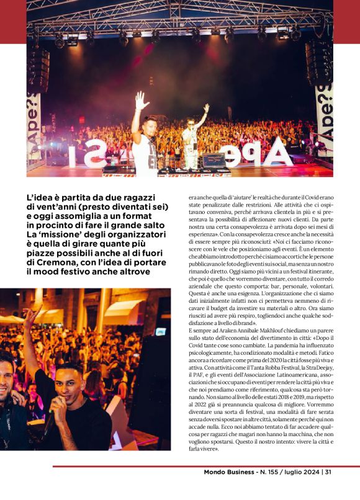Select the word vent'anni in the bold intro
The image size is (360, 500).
click(63, 207)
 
